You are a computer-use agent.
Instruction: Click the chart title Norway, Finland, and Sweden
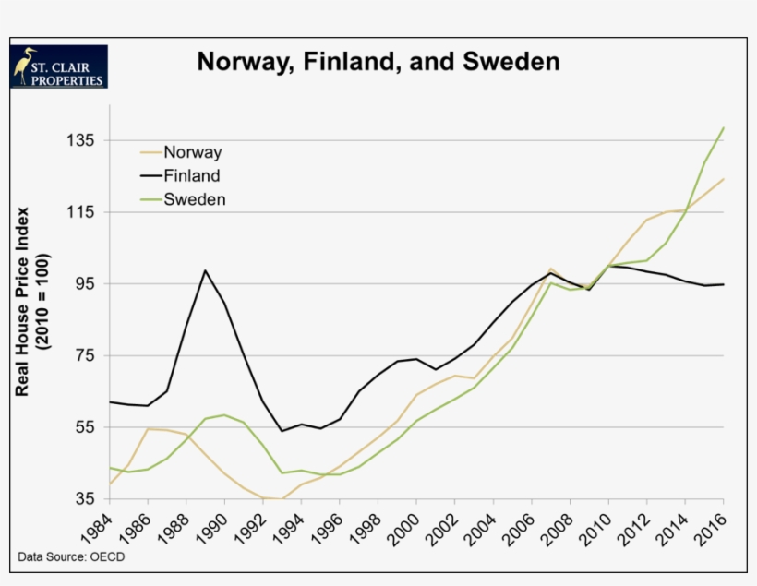[378, 62]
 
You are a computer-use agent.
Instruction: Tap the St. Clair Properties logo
[59, 66]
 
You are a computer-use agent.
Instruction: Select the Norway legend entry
[192, 152]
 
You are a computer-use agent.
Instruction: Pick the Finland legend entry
[191, 175]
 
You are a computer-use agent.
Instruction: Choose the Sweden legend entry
[194, 198]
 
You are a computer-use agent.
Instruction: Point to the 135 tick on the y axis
[79, 140]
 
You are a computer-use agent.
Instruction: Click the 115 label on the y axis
[79, 212]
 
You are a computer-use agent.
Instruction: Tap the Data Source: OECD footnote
[71, 556]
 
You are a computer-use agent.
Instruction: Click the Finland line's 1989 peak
[205, 270]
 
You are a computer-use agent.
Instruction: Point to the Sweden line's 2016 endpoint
[723, 127]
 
